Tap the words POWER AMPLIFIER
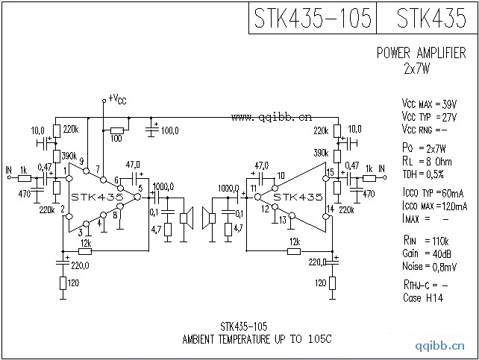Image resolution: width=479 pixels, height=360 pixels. coord(422,53)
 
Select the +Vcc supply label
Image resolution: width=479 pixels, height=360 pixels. coord(118,98)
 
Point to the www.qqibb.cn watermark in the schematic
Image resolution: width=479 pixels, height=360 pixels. coord(272,116)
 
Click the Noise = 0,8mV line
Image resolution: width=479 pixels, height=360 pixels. coord(429,265)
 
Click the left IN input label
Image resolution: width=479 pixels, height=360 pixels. coord(8,170)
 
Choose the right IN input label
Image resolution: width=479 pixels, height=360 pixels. coord(381,170)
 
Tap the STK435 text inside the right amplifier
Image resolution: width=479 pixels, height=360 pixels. coord(297,197)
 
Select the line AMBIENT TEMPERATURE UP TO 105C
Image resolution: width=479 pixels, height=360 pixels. coord(256,339)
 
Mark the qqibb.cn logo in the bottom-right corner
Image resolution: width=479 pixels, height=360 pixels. coord(443,346)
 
